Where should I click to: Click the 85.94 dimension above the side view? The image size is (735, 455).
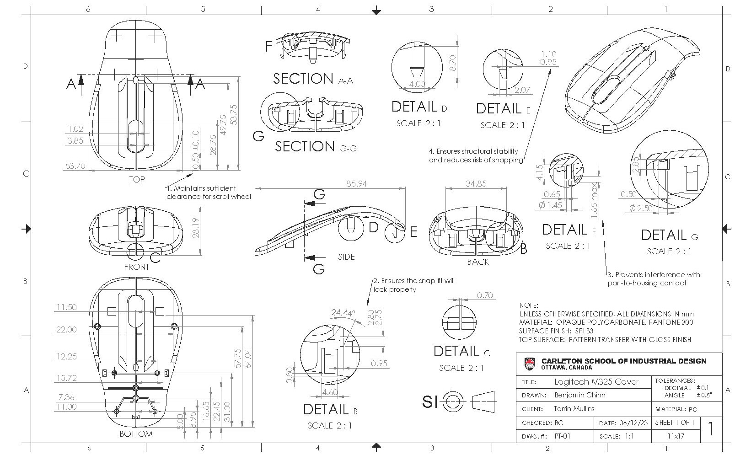pos(357,183)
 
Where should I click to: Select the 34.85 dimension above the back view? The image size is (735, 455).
pos(476,183)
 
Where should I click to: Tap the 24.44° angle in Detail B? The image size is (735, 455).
pos(343,313)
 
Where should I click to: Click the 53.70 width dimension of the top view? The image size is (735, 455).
pos(75,166)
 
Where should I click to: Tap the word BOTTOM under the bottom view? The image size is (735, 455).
pos(136,434)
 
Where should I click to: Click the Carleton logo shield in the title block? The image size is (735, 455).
pos(529,364)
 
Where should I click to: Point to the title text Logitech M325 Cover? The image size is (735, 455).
pos(596,381)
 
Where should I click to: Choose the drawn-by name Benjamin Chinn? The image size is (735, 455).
pos(579,395)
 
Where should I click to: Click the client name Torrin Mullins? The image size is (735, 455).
pos(574,409)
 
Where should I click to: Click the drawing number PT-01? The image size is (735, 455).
pos(563,436)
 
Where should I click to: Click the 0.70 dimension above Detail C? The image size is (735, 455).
pos(484,295)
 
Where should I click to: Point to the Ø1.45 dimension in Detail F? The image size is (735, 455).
pos(550,205)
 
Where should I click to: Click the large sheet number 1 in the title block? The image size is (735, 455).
pos(710,429)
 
